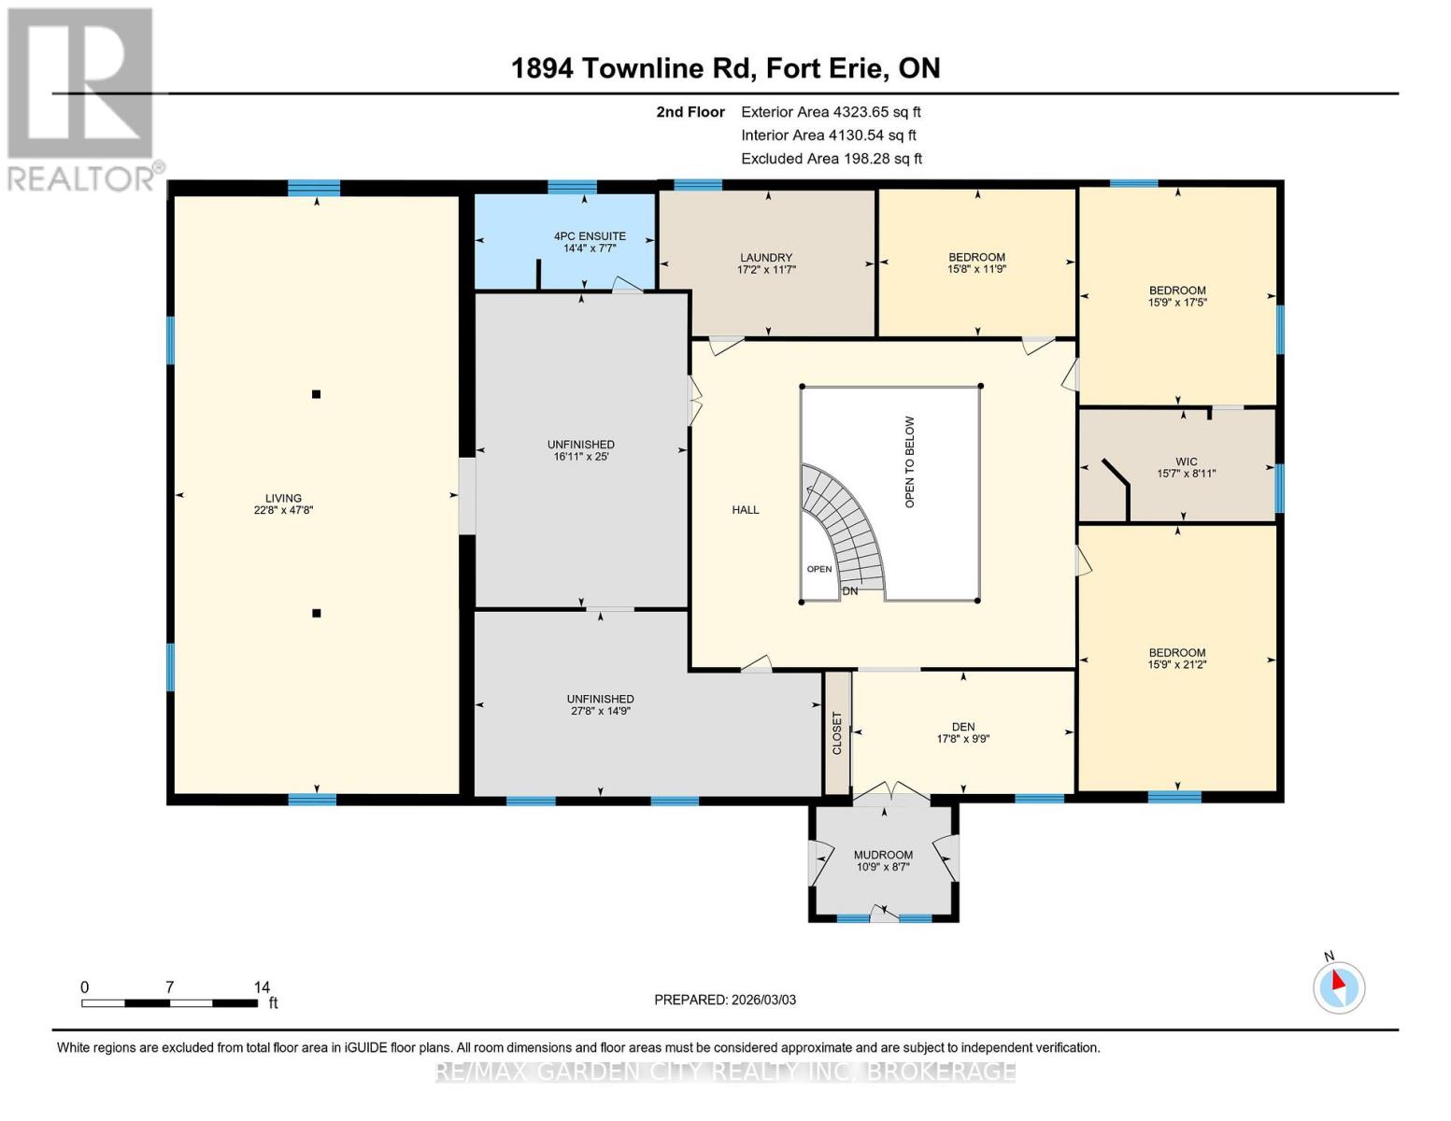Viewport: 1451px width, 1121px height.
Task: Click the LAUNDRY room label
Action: (x=766, y=258)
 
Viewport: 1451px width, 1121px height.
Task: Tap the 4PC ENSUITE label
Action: (x=590, y=236)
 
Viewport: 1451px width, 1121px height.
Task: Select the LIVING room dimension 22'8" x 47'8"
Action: (x=283, y=511)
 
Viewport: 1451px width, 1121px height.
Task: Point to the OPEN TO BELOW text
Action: (x=910, y=462)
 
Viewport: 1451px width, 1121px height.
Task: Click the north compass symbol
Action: (x=1339, y=986)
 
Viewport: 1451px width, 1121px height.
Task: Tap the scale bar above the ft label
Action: (x=169, y=1003)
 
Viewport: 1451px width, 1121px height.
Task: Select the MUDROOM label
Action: (x=883, y=855)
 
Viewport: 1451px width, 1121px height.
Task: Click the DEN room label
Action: (x=963, y=727)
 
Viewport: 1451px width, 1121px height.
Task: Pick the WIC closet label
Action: (x=1187, y=461)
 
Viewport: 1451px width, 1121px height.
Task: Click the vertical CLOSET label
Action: (x=837, y=733)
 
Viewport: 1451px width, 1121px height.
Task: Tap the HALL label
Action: (x=746, y=510)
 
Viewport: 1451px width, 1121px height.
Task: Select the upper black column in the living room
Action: (x=317, y=394)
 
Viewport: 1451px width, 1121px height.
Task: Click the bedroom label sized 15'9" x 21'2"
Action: (x=1177, y=653)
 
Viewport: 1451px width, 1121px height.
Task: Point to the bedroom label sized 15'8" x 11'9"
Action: (x=977, y=258)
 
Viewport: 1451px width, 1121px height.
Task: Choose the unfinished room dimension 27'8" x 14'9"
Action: (x=601, y=711)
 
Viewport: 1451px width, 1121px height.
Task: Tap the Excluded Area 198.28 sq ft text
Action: (x=832, y=159)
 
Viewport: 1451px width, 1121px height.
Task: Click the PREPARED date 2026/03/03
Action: (x=725, y=1000)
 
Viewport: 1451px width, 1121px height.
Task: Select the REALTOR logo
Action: (x=81, y=98)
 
